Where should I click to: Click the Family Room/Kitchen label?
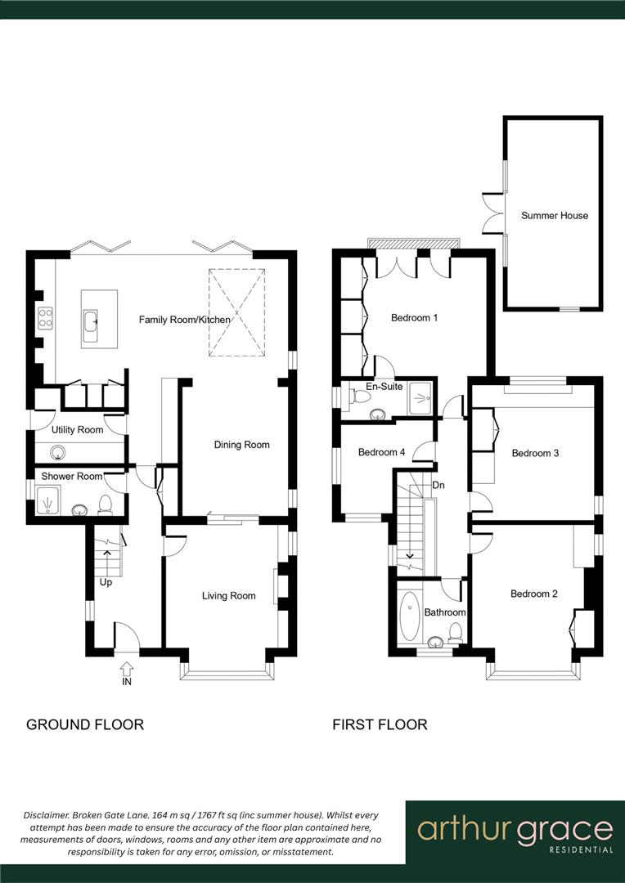184,320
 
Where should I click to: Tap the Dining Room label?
241,445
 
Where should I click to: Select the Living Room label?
228,596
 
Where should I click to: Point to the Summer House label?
555,216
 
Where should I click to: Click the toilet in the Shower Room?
105,504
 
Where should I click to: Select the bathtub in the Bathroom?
409,612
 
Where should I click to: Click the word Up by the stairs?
106,582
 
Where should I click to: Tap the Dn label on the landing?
438,484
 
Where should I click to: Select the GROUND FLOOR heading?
85,724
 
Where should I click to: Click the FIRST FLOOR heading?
380,724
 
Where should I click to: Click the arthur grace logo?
515,832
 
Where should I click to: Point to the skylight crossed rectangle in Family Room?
236,313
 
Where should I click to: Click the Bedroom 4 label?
381,452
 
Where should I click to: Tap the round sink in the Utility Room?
58,452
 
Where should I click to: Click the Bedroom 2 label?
533,594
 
